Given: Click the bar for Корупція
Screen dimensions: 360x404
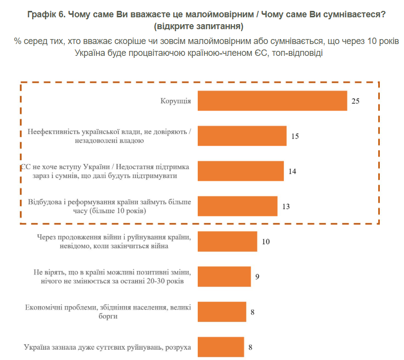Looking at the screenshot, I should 272,101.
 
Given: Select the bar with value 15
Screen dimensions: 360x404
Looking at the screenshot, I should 242,136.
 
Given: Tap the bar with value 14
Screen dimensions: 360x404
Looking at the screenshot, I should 240,171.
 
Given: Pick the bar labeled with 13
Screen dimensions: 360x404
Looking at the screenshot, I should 237,206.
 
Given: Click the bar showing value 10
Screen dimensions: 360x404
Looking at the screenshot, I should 227,241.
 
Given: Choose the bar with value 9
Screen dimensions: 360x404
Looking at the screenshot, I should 224,276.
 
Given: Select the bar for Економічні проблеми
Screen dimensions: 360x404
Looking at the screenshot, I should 222,312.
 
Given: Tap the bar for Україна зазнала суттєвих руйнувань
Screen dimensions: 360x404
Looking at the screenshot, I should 221,347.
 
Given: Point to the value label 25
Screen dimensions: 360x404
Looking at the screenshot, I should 355,101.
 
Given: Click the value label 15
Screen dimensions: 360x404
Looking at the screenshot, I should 295,136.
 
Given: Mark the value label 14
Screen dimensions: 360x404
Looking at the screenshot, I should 292,171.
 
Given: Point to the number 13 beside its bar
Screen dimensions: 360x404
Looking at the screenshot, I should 285,206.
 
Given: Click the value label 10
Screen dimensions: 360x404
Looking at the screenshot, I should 266,242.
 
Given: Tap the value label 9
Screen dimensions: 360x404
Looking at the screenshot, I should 257,276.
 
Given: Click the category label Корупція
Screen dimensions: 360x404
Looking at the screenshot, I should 176,101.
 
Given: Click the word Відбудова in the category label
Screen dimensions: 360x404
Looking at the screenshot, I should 45,202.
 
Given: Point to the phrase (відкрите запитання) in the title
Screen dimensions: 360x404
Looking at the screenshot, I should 202,26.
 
